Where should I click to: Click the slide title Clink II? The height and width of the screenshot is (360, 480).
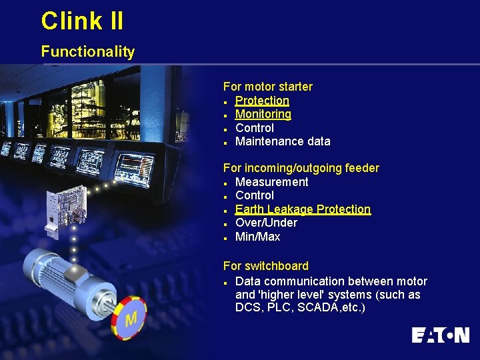pos(82,21)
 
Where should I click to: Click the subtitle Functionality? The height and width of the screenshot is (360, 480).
pos(87,51)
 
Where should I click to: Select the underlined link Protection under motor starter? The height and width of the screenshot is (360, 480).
pos(262,101)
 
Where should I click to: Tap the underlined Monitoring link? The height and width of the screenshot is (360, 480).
pos(263,114)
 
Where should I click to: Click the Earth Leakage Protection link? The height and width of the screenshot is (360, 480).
pos(303,209)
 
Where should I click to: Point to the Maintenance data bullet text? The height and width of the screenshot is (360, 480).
pos(283,141)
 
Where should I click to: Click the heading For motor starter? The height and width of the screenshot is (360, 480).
pos(267,87)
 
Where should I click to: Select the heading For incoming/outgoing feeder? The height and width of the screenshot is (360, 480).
pos(301,168)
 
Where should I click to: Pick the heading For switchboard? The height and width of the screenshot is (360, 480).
pos(265,266)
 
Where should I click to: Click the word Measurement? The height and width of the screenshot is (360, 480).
pos(271,182)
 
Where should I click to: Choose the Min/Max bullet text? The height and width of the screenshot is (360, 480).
pos(257,237)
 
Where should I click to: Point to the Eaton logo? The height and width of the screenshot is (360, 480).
pos(440,335)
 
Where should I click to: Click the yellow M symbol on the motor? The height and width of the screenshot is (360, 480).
pos(131,319)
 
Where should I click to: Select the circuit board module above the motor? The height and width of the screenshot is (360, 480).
pos(66,213)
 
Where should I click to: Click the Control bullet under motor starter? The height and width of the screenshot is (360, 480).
pos(254,128)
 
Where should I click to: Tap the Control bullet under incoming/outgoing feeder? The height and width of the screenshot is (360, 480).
pos(254,195)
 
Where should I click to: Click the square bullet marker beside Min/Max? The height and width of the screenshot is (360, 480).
pos(227,237)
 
